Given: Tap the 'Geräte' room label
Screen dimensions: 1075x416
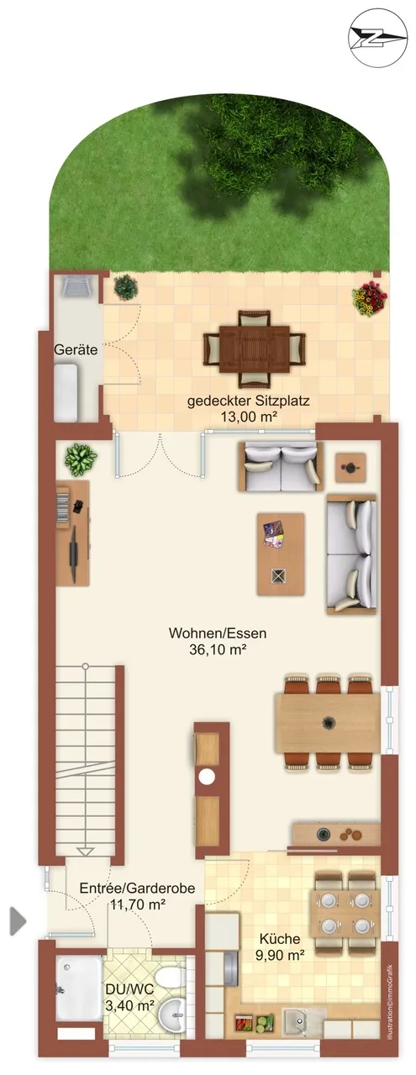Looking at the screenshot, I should [x=76, y=349].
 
